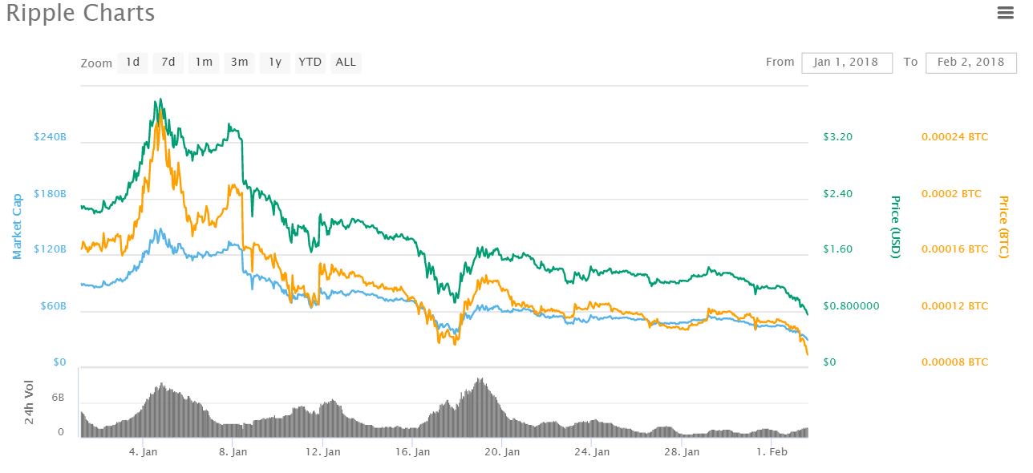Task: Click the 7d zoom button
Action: (168, 62)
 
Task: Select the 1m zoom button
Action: (204, 62)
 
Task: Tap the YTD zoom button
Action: (310, 62)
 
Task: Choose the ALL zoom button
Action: (346, 62)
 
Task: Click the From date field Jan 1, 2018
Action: (846, 62)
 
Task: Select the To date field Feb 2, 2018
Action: (970, 62)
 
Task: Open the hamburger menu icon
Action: (1005, 12)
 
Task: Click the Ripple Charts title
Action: (80, 14)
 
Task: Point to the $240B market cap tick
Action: (50, 137)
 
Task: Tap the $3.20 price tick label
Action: (838, 137)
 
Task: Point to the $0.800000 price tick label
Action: (852, 306)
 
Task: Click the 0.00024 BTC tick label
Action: (954, 137)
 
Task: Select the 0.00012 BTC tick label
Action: (954, 306)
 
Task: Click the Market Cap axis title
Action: (17, 227)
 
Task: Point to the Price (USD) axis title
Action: (896, 227)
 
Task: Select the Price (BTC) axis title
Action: (1003, 227)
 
